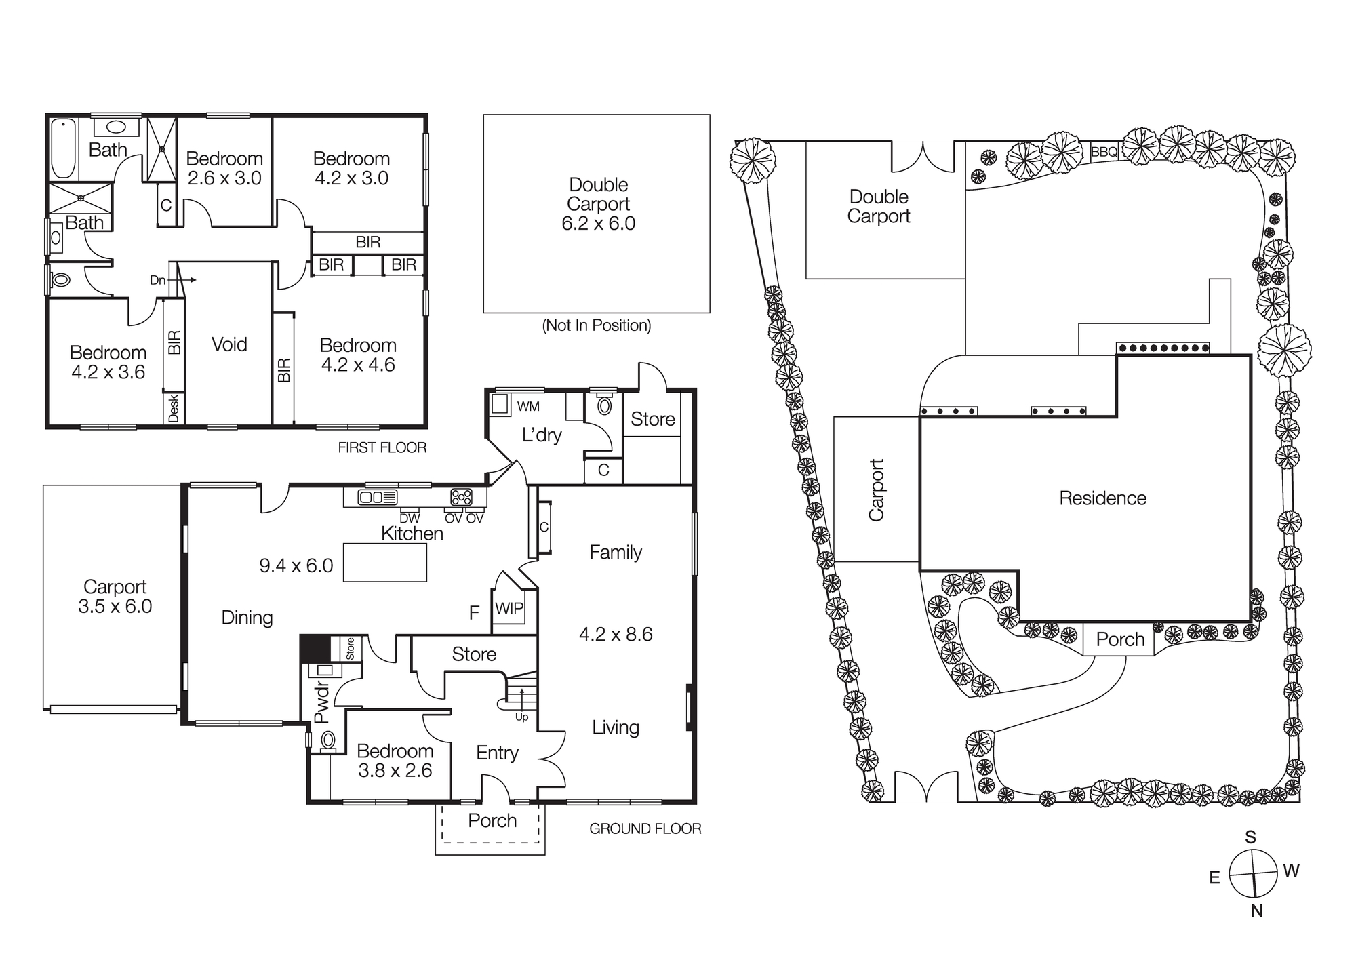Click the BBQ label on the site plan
[x=1104, y=152]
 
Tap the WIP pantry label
[x=509, y=608]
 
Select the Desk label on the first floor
[x=174, y=409]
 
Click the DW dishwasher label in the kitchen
[x=410, y=519]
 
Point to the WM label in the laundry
[x=528, y=406]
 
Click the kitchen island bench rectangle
[x=384, y=562]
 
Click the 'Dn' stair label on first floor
[x=157, y=280]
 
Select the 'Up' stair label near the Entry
[x=521, y=717]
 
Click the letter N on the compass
[x=1256, y=911]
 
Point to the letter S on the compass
[x=1250, y=837]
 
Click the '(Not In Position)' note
[x=596, y=325]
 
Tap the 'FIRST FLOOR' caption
[x=382, y=447]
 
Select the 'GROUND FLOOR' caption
[x=645, y=829]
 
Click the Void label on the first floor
[x=229, y=344]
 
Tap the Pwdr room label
[x=321, y=702]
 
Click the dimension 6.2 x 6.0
[x=598, y=224]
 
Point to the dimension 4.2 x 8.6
[x=615, y=635]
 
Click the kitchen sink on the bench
[x=377, y=498]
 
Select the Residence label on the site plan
[x=1102, y=498]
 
